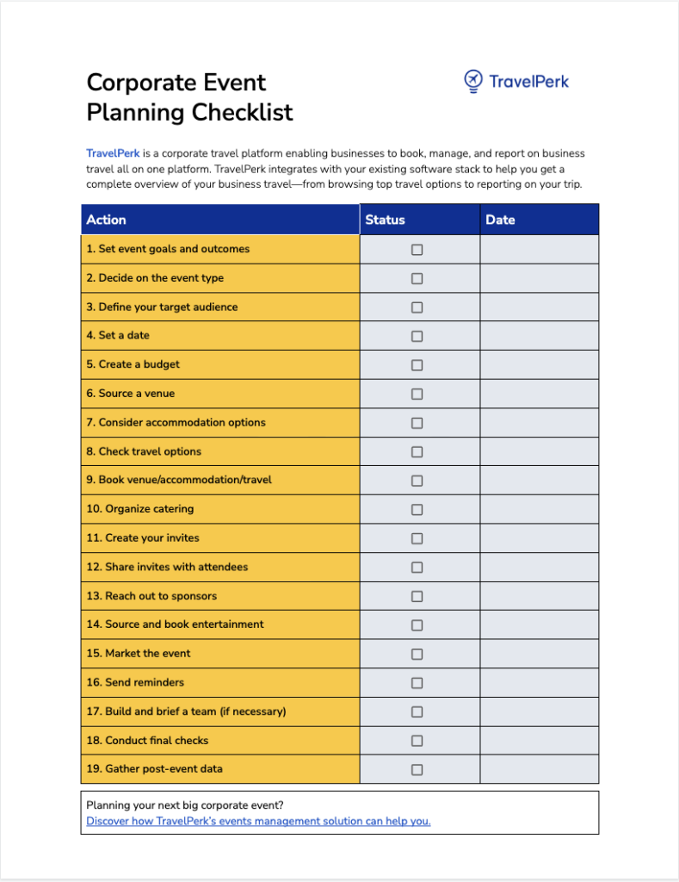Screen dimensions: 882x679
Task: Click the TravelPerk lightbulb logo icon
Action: click(x=472, y=81)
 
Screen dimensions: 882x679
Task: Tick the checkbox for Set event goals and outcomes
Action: click(x=417, y=250)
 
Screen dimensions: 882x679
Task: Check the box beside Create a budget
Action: click(x=417, y=365)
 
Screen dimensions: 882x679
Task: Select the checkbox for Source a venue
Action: click(x=417, y=394)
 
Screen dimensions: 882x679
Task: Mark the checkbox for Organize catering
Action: click(x=417, y=509)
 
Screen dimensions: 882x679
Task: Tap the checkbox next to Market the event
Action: click(x=417, y=654)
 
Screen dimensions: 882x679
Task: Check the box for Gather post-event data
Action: click(x=417, y=769)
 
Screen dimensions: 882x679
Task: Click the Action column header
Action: click(x=107, y=220)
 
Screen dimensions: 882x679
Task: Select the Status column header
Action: click(x=385, y=220)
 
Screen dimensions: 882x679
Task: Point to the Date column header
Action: click(x=500, y=220)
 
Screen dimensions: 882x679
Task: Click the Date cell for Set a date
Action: click(x=539, y=336)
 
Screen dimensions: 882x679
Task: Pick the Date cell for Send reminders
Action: click(x=539, y=682)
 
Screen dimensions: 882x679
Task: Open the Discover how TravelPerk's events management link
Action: click(x=258, y=821)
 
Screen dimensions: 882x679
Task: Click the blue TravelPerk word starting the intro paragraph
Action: click(x=113, y=153)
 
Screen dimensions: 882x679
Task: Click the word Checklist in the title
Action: click(x=242, y=112)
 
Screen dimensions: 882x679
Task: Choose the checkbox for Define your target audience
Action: click(x=417, y=307)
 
